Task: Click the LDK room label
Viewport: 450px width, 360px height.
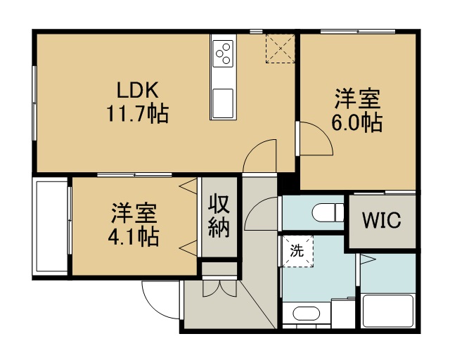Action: (138, 90)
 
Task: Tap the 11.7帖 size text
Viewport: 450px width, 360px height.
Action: (138, 114)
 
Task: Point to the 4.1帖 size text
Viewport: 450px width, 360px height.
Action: (134, 237)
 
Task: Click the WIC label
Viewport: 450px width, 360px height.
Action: (381, 220)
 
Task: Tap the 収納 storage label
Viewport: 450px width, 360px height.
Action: (219, 216)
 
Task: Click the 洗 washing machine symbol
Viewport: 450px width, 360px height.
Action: (297, 251)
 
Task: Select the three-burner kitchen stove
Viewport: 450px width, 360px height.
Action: (223, 53)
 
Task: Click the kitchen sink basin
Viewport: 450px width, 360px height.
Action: (223, 103)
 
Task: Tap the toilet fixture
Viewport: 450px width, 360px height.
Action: (328, 212)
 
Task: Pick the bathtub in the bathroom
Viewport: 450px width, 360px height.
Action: (387, 311)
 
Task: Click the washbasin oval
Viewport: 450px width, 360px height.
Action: (307, 314)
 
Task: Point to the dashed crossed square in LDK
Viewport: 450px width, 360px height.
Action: (280, 49)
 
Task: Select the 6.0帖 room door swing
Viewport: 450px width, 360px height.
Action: (323, 131)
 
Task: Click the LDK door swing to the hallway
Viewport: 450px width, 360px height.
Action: (253, 147)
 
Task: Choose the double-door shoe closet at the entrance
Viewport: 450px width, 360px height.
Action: (220, 288)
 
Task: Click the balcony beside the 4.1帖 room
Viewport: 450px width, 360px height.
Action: (50, 226)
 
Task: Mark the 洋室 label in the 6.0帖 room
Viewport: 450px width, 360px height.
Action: (358, 99)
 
